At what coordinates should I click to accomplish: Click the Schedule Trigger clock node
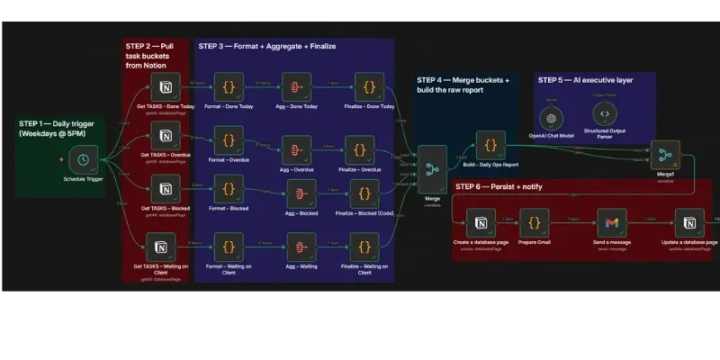(83, 159)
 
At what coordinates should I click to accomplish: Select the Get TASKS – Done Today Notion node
(165, 87)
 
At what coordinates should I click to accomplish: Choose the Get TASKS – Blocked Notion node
(165, 188)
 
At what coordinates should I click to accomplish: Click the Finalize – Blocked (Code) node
(364, 192)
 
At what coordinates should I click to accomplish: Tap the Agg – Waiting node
(301, 245)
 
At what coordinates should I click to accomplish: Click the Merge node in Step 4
(431, 167)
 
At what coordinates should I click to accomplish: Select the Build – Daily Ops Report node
(490, 144)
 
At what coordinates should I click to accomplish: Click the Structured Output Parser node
(605, 114)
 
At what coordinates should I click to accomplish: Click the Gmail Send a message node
(612, 222)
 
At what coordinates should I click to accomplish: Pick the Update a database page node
(689, 222)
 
